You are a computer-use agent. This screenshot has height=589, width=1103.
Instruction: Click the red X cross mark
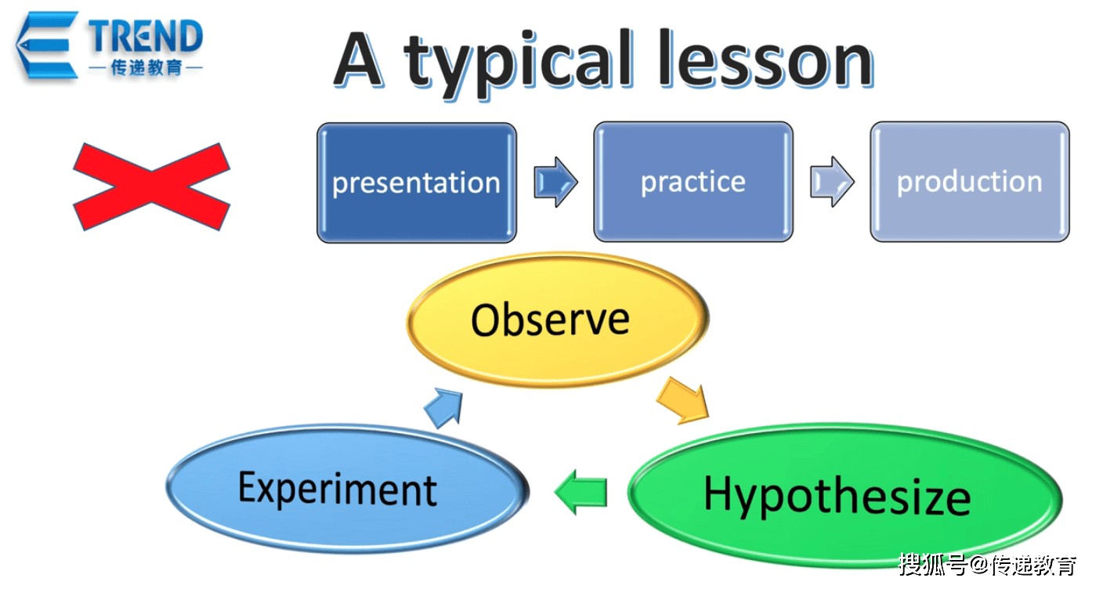(x=152, y=186)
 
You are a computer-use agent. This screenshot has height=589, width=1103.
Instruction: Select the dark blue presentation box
(x=417, y=182)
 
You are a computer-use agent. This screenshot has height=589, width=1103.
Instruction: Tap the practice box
(x=693, y=182)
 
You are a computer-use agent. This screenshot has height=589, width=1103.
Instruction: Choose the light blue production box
(x=970, y=182)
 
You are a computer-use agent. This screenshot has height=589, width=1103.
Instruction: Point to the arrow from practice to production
(x=832, y=182)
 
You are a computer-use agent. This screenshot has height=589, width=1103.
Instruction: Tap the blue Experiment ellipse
(x=348, y=489)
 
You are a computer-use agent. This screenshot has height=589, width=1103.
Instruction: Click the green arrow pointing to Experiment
(x=581, y=492)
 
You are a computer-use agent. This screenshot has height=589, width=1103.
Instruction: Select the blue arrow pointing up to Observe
(x=444, y=407)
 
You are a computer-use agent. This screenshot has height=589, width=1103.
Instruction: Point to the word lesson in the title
(x=766, y=59)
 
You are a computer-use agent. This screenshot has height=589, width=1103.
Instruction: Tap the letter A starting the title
(x=358, y=60)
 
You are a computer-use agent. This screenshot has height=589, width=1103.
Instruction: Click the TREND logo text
(x=146, y=36)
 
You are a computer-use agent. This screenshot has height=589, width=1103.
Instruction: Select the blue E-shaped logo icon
(x=48, y=45)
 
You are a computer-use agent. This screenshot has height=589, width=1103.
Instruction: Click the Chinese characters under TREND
(x=146, y=67)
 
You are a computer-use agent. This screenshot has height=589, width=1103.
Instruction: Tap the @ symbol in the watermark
(x=980, y=566)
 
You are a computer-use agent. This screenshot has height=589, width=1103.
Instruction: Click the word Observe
(x=550, y=320)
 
